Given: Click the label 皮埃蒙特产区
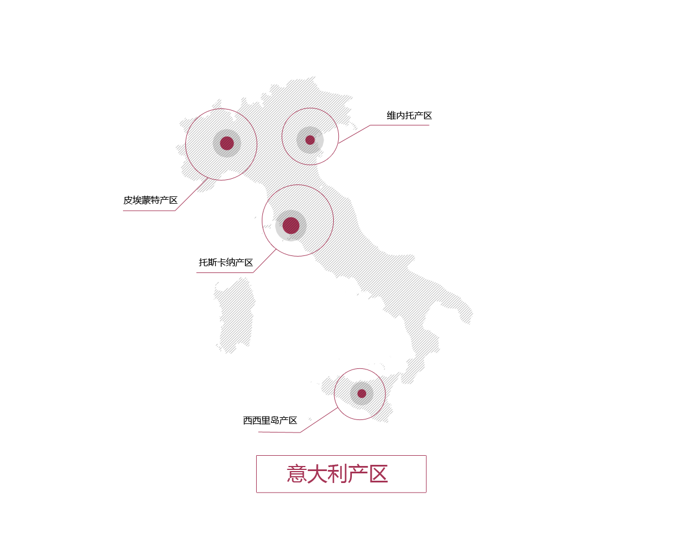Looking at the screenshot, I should (151, 200).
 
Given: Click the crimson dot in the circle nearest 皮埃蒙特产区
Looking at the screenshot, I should (227, 143).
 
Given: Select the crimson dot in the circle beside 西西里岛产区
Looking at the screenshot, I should (362, 393).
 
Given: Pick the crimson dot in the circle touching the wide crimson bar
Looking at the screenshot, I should (310, 140).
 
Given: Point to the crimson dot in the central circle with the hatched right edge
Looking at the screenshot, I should (291, 225).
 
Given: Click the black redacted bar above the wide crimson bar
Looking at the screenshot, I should (409, 115).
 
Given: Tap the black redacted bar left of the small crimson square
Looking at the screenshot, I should (225, 262).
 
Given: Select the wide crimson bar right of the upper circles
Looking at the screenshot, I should (384, 134).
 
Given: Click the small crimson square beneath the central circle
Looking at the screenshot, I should (265, 261).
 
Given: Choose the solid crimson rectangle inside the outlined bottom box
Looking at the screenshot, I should (337, 473).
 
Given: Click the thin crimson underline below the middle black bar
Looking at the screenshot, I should (224, 272).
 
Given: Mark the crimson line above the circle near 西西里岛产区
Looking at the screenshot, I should (358, 367).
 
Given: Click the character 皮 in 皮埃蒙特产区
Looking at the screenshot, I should (128, 200).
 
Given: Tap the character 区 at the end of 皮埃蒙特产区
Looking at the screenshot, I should (173, 200).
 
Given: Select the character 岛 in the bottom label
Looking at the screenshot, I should (275, 421).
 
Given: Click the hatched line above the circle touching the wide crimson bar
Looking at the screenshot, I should (308, 106).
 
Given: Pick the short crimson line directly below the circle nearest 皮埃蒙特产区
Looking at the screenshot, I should (235, 181).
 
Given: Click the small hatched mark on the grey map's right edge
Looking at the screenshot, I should (470, 314).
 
